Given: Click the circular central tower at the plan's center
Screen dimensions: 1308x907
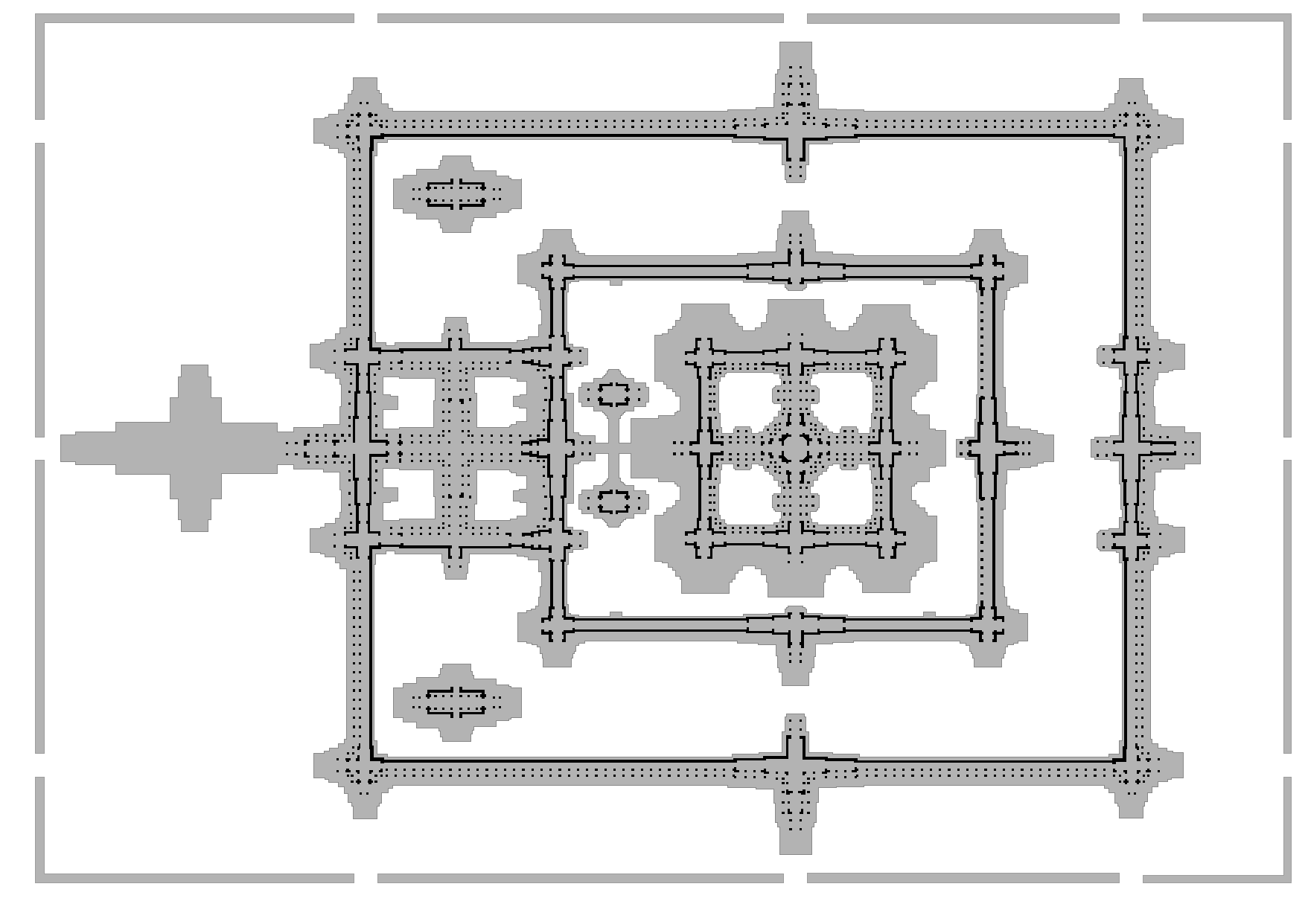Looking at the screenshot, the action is coord(796,446).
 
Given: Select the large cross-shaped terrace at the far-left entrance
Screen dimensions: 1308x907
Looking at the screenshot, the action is coord(194,447).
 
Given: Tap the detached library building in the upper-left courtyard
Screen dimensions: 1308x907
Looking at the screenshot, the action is coord(456,193).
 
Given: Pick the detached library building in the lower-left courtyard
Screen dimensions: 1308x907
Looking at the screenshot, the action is coord(456,702).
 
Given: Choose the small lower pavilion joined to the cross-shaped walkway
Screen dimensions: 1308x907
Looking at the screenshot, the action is coord(614,501).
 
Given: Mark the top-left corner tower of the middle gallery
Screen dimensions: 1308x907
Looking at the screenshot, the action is coord(555,265).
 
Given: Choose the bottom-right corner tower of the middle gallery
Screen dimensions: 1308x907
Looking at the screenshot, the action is coord(989,629).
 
